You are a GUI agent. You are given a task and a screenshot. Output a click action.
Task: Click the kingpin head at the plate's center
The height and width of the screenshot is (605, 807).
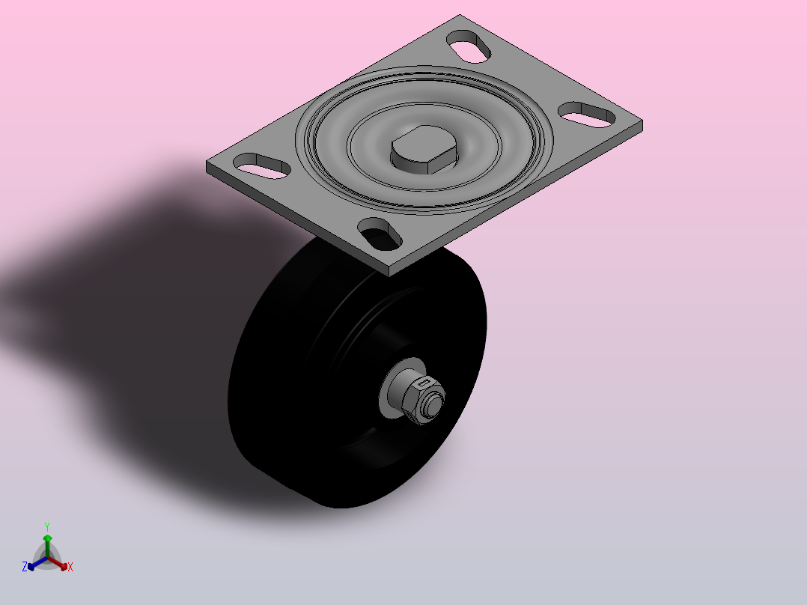424,149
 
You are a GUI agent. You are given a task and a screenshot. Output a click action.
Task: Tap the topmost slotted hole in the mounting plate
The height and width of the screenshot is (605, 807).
469,47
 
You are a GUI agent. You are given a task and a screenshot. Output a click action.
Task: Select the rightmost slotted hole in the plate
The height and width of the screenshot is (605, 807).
587,115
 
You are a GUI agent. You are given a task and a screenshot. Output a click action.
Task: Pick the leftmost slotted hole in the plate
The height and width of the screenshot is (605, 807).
262,165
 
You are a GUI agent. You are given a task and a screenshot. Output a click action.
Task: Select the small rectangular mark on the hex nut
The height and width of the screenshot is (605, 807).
424,383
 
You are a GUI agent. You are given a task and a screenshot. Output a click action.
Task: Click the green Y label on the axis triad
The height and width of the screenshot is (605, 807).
47,526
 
